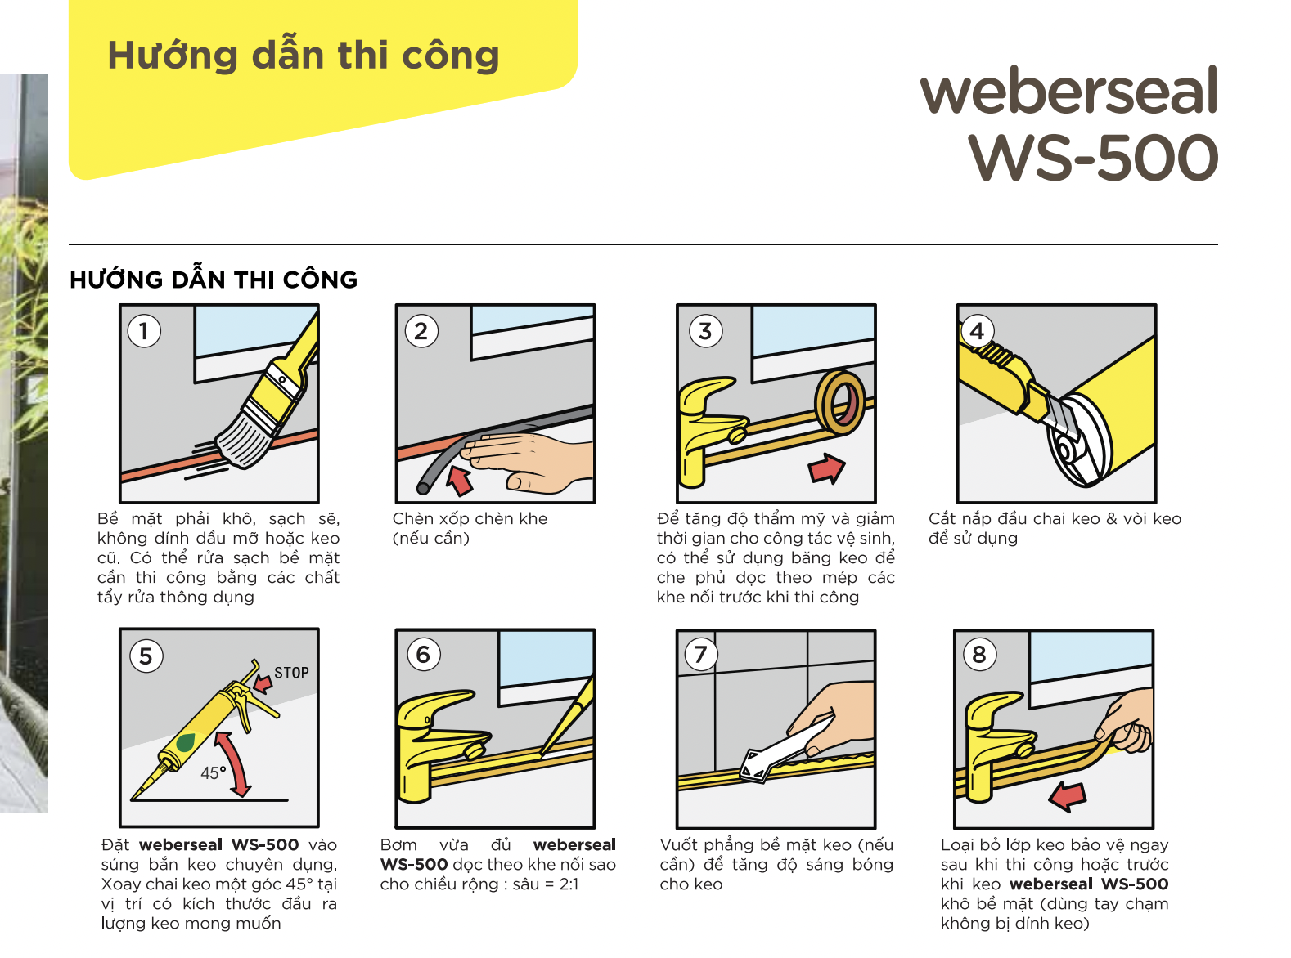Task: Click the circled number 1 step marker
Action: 144,331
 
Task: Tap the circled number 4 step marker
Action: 976,331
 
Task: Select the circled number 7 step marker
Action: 701,655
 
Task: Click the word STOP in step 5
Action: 291,673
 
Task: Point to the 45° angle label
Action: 213,772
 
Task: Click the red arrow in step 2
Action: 459,481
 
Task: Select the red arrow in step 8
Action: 1068,796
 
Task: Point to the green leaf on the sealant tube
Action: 187,742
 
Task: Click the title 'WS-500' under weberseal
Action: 1092,157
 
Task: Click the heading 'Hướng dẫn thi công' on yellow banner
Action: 304,56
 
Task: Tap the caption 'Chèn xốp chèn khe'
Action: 470,518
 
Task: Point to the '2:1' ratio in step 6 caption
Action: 569,884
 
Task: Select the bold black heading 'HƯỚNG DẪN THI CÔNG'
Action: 213,280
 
